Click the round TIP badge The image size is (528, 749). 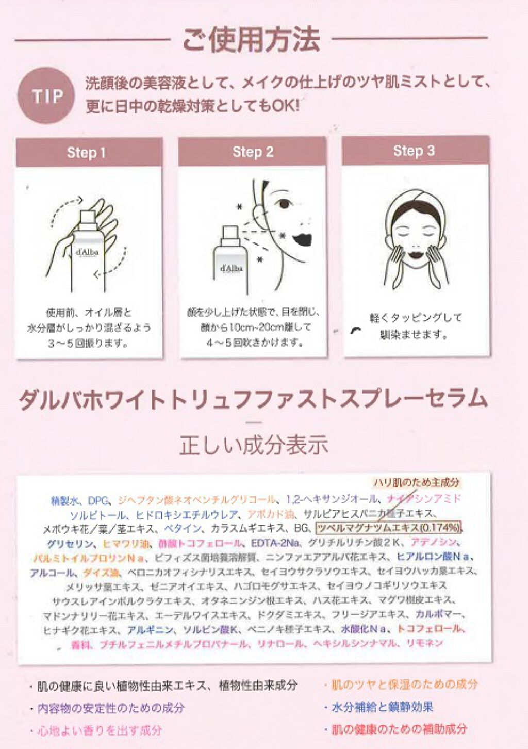pos(46,96)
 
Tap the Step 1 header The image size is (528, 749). pos(87,153)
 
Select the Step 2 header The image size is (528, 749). pos(253,152)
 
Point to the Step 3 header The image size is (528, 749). pos(414,151)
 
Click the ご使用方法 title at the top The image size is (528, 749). pos(251,40)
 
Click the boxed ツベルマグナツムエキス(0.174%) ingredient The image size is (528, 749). pos(388,528)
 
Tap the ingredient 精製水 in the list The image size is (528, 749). pos(64,501)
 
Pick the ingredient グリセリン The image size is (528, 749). pos(70,543)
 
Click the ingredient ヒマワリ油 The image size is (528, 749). pos(123,543)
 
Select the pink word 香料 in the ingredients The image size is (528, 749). pos(80,644)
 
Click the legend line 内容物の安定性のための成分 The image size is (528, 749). pos(110,708)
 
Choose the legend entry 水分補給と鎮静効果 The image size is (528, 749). pos(382,707)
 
